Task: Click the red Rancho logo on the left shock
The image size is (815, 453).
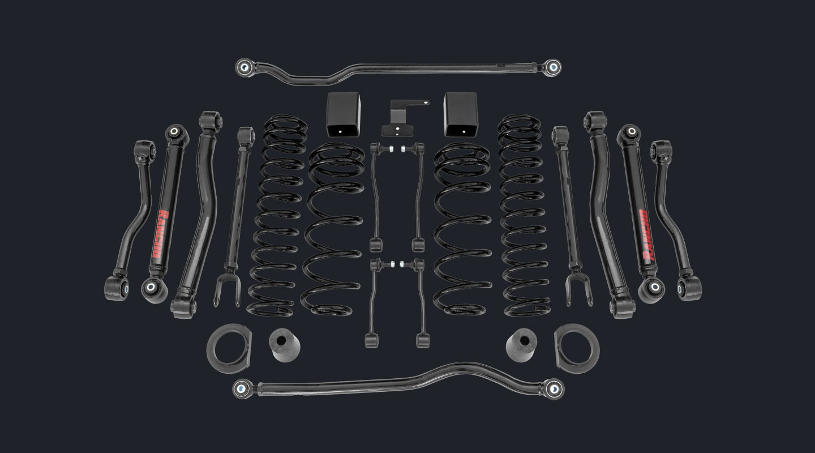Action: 161,234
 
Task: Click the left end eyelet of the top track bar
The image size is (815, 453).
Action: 244,67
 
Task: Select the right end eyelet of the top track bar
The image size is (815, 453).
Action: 552,67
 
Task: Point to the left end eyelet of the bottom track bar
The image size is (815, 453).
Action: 242,388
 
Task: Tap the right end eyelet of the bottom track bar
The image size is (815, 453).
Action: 554,389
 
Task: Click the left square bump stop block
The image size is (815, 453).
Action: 344,114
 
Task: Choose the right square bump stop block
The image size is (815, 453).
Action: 460,114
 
